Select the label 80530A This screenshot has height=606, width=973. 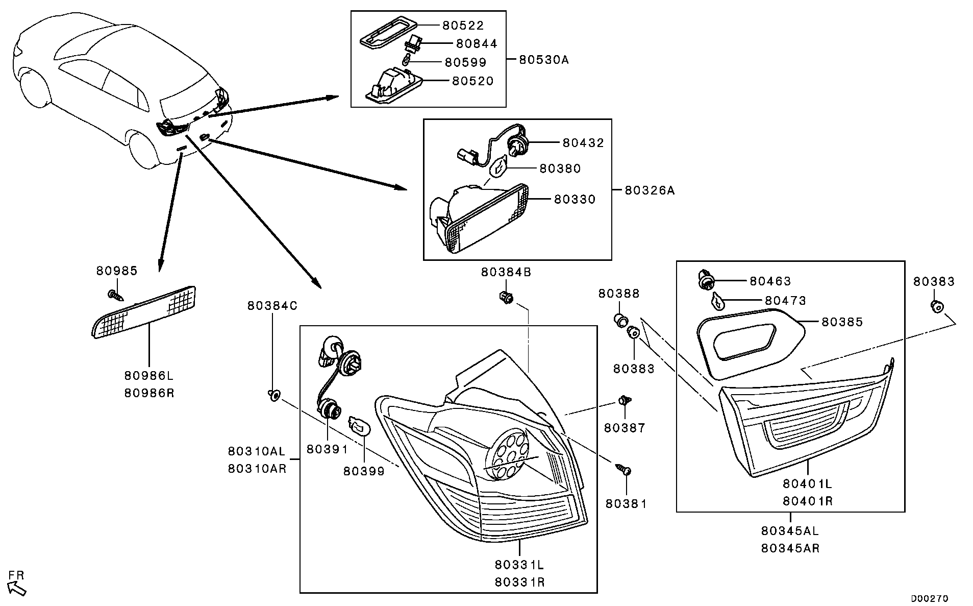[x=543, y=60]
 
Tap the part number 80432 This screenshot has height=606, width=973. [x=583, y=143]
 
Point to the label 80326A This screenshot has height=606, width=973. [x=650, y=190]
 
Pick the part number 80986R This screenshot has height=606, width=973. [x=149, y=394]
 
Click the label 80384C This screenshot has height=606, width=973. [x=272, y=306]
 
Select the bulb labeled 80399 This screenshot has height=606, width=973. [x=358, y=426]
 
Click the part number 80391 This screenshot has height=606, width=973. [x=327, y=449]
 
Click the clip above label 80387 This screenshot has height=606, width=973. [x=623, y=401]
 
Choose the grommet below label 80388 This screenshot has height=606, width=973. [x=620, y=321]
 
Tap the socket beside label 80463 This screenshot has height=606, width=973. [x=706, y=280]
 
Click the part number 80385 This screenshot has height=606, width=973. [x=842, y=322]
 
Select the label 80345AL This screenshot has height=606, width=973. [x=790, y=531]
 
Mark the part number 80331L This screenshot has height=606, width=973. [x=519, y=565]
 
